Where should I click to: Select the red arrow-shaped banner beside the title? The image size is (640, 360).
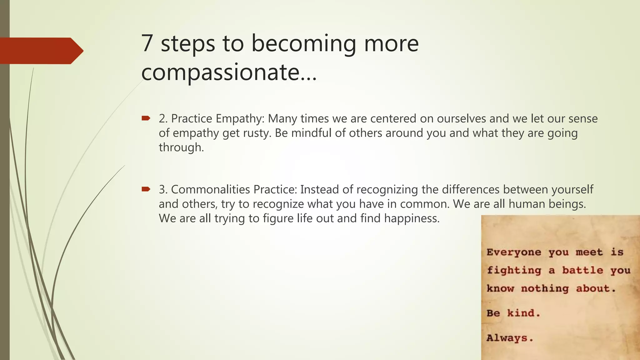click(x=41, y=51)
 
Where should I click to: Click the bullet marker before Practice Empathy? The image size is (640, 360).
click(x=146, y=118)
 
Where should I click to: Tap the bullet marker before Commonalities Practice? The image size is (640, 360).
click(x=146, y=189)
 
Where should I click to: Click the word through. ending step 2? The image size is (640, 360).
click(x=181, y=147)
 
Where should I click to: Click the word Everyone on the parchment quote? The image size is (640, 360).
click(x=514, y=252)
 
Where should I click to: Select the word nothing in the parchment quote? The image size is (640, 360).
click(x=545, y=289)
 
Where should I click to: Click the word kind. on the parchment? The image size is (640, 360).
click(x=523, y=313)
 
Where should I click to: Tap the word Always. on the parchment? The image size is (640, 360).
click(x=510, y=338)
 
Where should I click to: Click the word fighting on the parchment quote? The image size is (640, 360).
click(x=514, y=271)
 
